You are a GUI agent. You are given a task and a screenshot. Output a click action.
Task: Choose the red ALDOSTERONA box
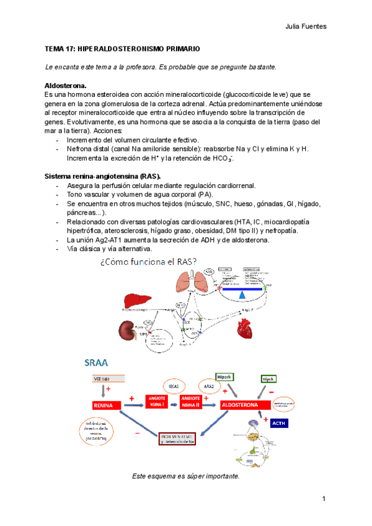[240, 405]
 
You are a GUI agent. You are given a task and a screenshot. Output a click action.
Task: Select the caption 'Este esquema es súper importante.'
[185, 476]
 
